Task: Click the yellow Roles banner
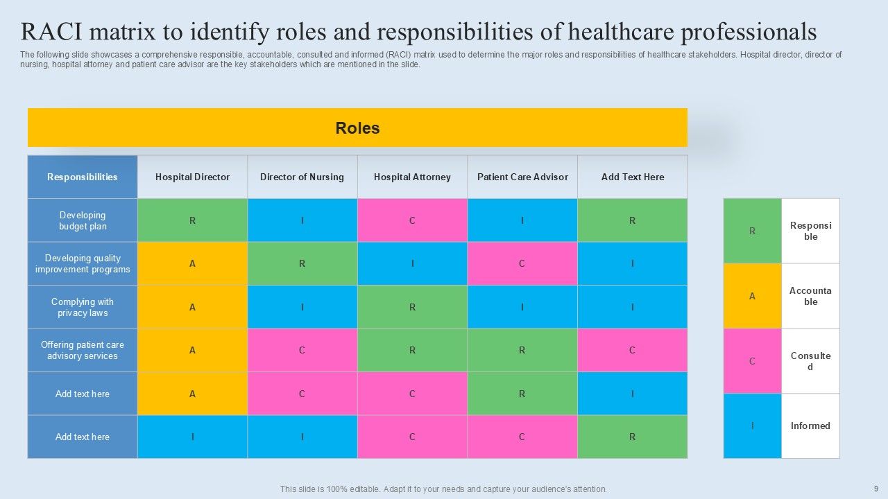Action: tap(357, 128)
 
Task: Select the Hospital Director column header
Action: tap(192, 177)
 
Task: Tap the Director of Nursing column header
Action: tap(302, 177)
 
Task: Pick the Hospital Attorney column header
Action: tap(412, 177)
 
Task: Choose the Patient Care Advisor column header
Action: tap(522, 177)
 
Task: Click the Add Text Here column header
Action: tap(633, 177)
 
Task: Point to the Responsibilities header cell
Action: tap(83, 177)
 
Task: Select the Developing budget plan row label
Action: tap(83, 220)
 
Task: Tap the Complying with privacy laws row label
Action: tap(83, 307)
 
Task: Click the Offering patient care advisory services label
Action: tap(83, 350)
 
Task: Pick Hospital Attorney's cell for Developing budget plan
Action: tap(412, 220)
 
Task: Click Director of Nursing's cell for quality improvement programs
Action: tap(302, 263)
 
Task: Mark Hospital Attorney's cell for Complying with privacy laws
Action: tap(412, 307)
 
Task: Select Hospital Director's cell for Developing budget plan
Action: tap(192, 220)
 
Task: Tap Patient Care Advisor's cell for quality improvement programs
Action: tap(522, 263)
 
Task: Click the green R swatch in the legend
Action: tap(752, 231)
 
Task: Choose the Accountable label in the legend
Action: tap(810, 296)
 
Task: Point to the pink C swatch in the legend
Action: tap(752, 361)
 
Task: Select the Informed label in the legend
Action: tap(810, 426)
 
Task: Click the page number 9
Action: tap(876, 489)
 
